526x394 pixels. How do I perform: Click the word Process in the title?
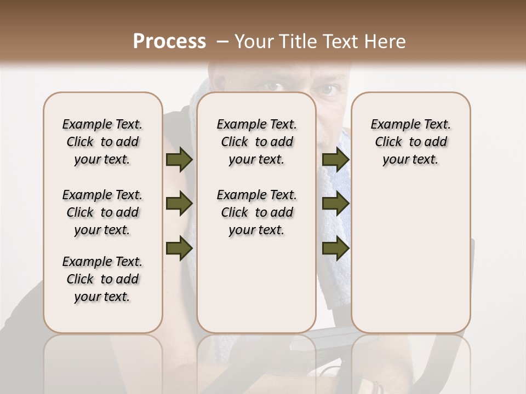169,42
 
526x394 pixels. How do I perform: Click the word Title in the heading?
293,42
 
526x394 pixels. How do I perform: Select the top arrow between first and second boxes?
179,159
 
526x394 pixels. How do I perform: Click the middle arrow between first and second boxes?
179,204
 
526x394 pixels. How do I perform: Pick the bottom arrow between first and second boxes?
179,248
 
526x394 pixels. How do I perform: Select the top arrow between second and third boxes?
335,159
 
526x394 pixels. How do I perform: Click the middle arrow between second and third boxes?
335,204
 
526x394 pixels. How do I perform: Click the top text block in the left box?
102,142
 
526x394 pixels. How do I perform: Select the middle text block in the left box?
102,212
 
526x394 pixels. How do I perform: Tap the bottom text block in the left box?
102,279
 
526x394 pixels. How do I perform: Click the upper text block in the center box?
256,142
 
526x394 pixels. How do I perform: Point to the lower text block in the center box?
256,212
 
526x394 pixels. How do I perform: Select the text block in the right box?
410,142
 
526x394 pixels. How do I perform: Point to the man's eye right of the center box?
328,89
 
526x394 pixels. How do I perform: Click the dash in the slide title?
222,42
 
